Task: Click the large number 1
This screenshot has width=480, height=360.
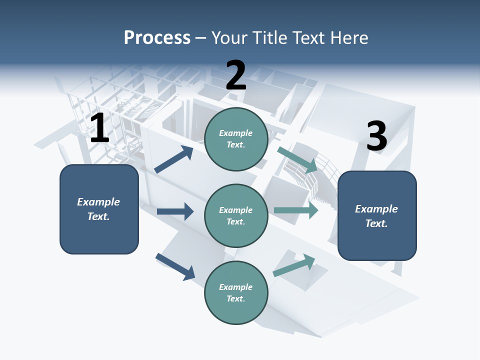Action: coord(99,128)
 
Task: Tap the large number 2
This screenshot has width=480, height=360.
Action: coord(236,75)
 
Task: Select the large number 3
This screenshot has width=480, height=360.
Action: coord(376,136)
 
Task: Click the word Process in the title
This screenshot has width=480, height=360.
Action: coord(157,37)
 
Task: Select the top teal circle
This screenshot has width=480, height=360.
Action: coord(236,139)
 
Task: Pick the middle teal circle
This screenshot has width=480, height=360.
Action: coord(236,215)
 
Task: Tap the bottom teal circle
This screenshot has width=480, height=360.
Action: coord(236,292)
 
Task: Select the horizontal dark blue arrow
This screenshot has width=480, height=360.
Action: coord(175,211)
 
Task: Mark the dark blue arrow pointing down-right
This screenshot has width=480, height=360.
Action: coord(175,266)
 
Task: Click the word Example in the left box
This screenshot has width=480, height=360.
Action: coord(98,202)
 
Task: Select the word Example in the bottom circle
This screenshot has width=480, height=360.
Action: coord(235,287)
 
